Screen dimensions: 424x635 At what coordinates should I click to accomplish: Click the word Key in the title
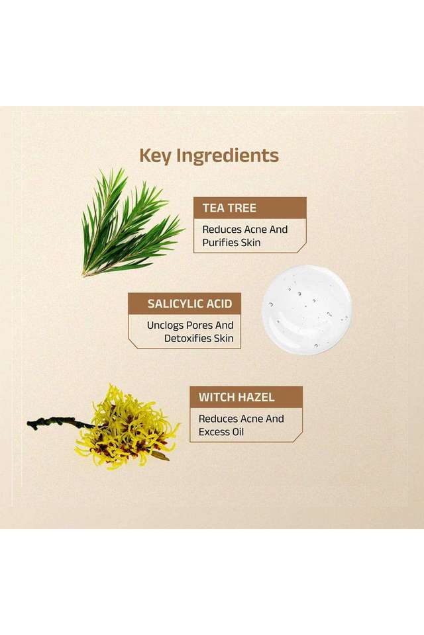click(156, 156)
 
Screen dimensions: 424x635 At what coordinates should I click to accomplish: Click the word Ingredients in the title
click(228, 156)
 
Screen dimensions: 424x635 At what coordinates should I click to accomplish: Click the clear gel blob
click(307, 310)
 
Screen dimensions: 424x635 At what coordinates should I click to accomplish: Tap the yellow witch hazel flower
click(127, 428)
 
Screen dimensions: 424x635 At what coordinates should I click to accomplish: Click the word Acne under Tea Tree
click(255, 230)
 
